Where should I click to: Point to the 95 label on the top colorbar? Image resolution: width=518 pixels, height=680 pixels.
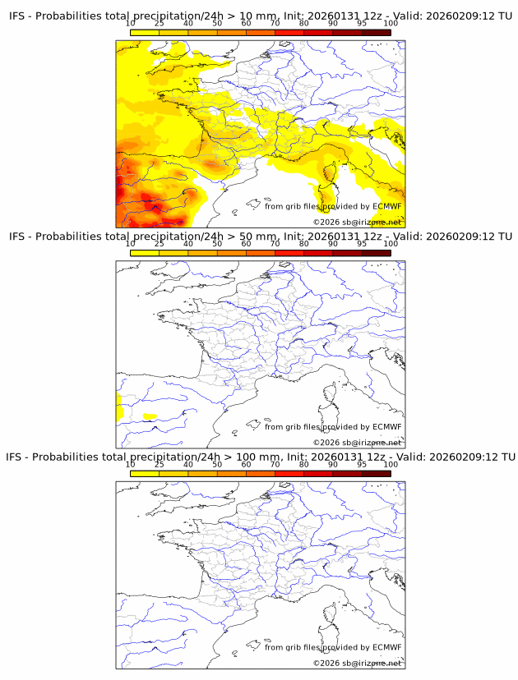(x=362, y=24)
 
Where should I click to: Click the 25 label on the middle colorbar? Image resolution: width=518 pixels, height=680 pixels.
(x=159, y=244)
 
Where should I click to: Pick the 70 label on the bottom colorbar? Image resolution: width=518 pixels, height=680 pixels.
(x=275, y=464)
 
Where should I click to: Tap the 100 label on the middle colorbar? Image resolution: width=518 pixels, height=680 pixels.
(x=391, y=244)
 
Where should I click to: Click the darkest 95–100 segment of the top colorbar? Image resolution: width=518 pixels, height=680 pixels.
(x=376, y=33)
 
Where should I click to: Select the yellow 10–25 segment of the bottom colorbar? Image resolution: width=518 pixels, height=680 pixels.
(x=145, y=473)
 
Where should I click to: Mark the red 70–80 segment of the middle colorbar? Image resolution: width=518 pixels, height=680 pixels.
(x=289, y=253)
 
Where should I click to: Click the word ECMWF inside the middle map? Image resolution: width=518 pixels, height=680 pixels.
(x=386, y=426)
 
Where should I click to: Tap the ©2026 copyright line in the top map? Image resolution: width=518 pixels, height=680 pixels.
(x=357, y=222)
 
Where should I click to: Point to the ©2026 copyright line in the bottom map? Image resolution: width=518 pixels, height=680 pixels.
(x=357, y=663)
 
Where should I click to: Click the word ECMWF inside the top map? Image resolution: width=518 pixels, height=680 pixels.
(x=386, y=206)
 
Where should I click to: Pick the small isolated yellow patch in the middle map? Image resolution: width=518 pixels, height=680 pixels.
(x=150, y=416)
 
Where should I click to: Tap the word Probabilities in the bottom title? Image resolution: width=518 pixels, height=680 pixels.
(x=64, y=457)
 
